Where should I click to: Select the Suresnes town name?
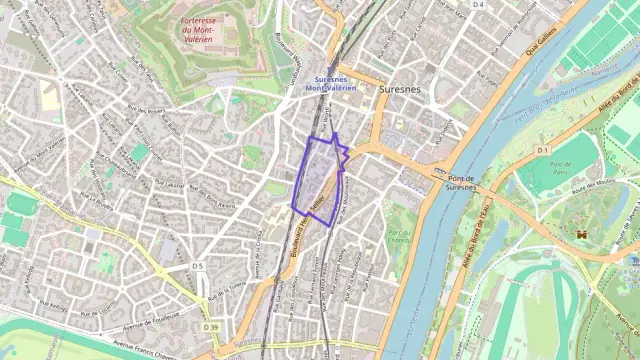400,89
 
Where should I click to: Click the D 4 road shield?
478,5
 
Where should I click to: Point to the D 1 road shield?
543,150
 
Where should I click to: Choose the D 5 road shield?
197,265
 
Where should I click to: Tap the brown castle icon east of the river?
579,233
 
